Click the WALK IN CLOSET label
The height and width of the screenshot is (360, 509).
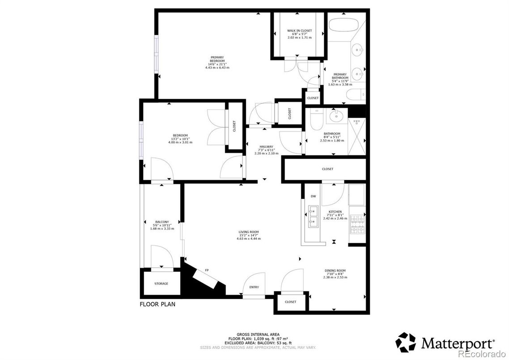coord(299,30)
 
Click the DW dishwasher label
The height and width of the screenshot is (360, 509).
coord(313,197)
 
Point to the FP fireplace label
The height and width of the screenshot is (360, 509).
coord(207,270)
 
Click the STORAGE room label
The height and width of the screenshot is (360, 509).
coord(161,283)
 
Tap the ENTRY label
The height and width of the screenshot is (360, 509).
coord(254,287)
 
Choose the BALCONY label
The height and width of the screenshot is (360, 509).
coord(162,222)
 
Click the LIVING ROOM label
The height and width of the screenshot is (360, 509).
coord(248,232)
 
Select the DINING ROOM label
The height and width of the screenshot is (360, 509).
coord(335,270)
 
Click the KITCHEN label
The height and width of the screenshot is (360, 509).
coord(335,212)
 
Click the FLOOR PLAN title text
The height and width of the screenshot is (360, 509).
coord(157,304)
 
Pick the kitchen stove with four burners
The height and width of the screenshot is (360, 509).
coord(357,224)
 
